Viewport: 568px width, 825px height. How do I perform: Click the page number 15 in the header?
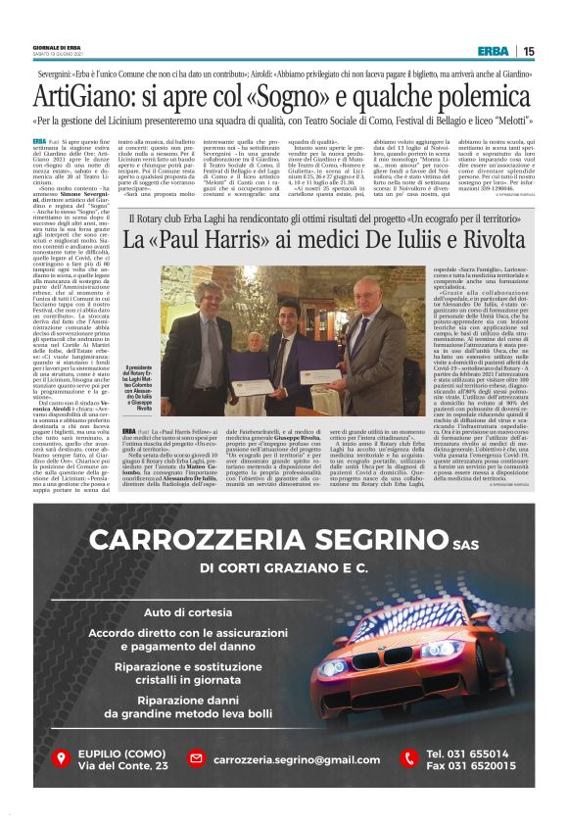click(x=528, y=51)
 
